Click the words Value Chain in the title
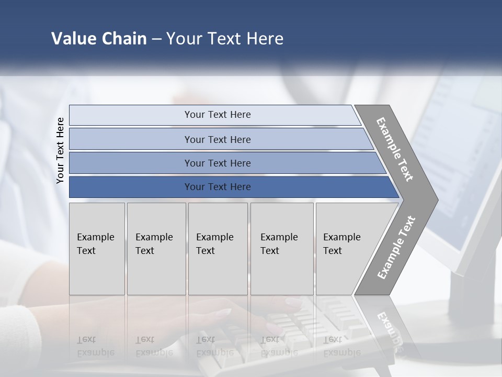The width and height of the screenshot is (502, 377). [x=99, y=39]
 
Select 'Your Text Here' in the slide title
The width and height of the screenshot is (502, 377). [x=225, y=39]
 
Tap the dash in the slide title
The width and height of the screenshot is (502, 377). [x=156, y=39]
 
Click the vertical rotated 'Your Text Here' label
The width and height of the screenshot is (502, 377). [x=60, y=150]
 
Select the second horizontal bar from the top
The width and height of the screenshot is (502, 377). [x=217, y=139]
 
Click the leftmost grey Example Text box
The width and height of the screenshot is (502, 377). [x=97, y=249]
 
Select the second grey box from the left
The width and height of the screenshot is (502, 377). [x=156, y=249]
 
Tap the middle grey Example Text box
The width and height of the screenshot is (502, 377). [x=218, y=249]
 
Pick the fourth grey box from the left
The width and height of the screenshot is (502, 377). [x=281, y=249]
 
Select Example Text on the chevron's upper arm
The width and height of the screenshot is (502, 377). [x=395, y=149]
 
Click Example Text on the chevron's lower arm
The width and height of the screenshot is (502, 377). [x=396, y=247]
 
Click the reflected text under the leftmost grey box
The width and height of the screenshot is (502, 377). [x=96, y=346]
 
